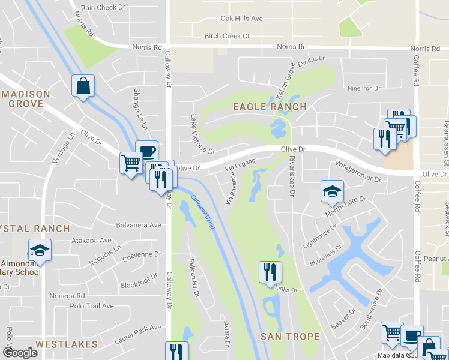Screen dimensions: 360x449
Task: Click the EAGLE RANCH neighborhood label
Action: click(x=270, y=107)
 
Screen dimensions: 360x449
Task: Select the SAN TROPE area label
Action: click(x=291, y=337)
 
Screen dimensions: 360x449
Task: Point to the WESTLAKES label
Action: click(x=66, y=344)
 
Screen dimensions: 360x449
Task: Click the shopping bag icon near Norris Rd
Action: click(x=83, y=86)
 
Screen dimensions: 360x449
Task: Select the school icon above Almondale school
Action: click(x=40, y=250)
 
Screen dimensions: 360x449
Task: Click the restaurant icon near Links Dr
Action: click(x=270, y=272)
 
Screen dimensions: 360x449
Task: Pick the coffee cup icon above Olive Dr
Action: click(x=146, y=151)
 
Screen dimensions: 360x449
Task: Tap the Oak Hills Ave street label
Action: click(x=242, y=19)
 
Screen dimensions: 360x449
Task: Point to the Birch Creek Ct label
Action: click(x=227, y=36)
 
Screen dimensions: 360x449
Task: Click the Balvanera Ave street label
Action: click(x=139, y=225)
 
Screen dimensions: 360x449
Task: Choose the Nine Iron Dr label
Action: click(x=364, y=88)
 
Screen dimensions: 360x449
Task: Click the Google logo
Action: click(x=20, y=353)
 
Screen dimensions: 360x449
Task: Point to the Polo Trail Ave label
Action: click(x=92, y=306)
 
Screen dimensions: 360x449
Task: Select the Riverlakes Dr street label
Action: click(x=292, y=176)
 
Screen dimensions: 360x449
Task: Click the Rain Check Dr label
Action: click(x=103, y=8)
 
